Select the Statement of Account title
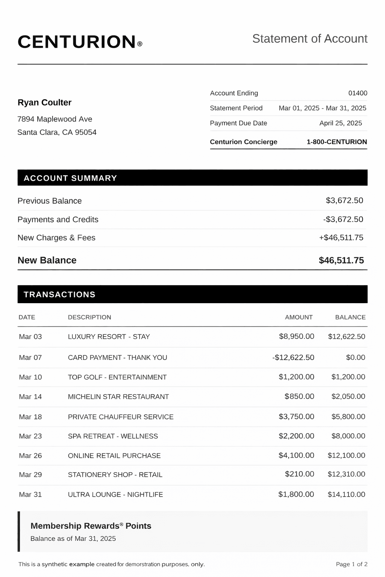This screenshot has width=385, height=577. (309, 39)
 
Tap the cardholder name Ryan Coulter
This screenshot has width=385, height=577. (44, 103)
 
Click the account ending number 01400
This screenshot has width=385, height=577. (358, 93)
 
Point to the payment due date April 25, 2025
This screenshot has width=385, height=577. (340, 123)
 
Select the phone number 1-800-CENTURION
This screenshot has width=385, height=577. (336, 142)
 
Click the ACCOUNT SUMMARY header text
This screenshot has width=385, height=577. (70, 178)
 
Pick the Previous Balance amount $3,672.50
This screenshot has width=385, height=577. (344, 201)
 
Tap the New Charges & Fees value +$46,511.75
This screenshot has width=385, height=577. (341, 238)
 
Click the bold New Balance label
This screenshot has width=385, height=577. (47, 260)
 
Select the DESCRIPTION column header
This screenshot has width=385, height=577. (89, 317)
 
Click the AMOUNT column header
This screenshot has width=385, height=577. (299, 317)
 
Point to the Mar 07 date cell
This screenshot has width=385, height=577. (30, 358)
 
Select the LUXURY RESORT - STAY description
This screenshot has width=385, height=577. (109, 337)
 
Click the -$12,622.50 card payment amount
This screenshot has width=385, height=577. (293, 358)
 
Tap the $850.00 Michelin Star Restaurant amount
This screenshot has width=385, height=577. (299, 397)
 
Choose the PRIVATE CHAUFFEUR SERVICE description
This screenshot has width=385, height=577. (121, 417)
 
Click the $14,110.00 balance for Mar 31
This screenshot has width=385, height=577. (346, 495)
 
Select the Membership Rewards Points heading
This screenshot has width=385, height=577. (91, 526)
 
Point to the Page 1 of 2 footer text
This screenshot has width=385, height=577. (351, 564)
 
